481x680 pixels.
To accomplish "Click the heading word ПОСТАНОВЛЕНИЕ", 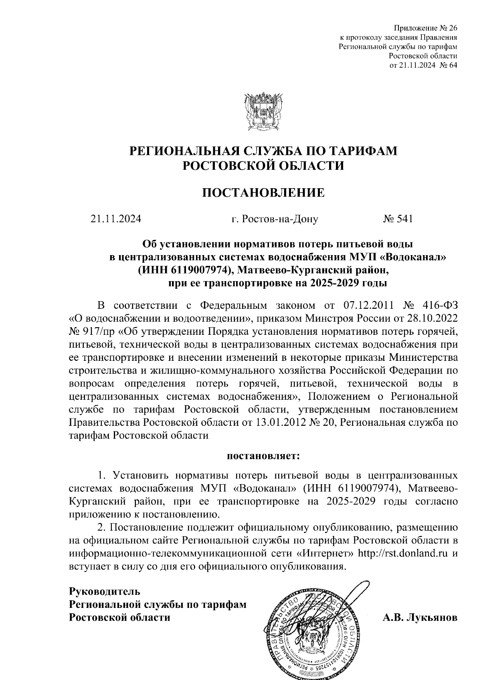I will click(x=263, y=193).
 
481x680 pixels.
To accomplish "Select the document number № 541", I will click(x=398, y=219).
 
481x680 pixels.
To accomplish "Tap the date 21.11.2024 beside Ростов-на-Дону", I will click(x=116, y=219).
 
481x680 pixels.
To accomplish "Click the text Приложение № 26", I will click(x=426, y=28).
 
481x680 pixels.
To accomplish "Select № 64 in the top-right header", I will click(x=449, y=65).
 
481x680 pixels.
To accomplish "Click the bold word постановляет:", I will click(x=263, y=456).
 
